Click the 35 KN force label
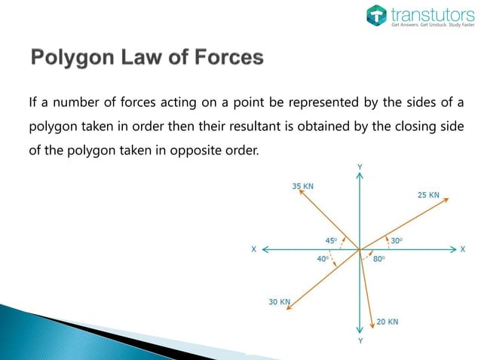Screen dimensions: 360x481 pos(302,185)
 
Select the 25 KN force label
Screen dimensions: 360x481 pos(428,194)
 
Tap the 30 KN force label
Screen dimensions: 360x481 pos(279,302)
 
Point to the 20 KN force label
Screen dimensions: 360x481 pos(388,322)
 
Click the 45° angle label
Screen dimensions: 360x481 pos(331,241)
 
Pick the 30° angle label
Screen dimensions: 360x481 pos(397,241)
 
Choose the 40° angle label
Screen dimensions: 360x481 pos(322,258)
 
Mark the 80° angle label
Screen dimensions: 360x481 pos(379,258)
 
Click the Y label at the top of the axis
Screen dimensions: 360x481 pos(360,166)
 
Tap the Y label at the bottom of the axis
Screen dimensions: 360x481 pos(360,340)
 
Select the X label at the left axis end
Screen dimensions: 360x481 pos(253,249)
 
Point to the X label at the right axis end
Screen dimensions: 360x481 pos(462,249)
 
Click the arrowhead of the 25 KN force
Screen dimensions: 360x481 pos(447,198)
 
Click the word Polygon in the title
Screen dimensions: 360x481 pos(72,57)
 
